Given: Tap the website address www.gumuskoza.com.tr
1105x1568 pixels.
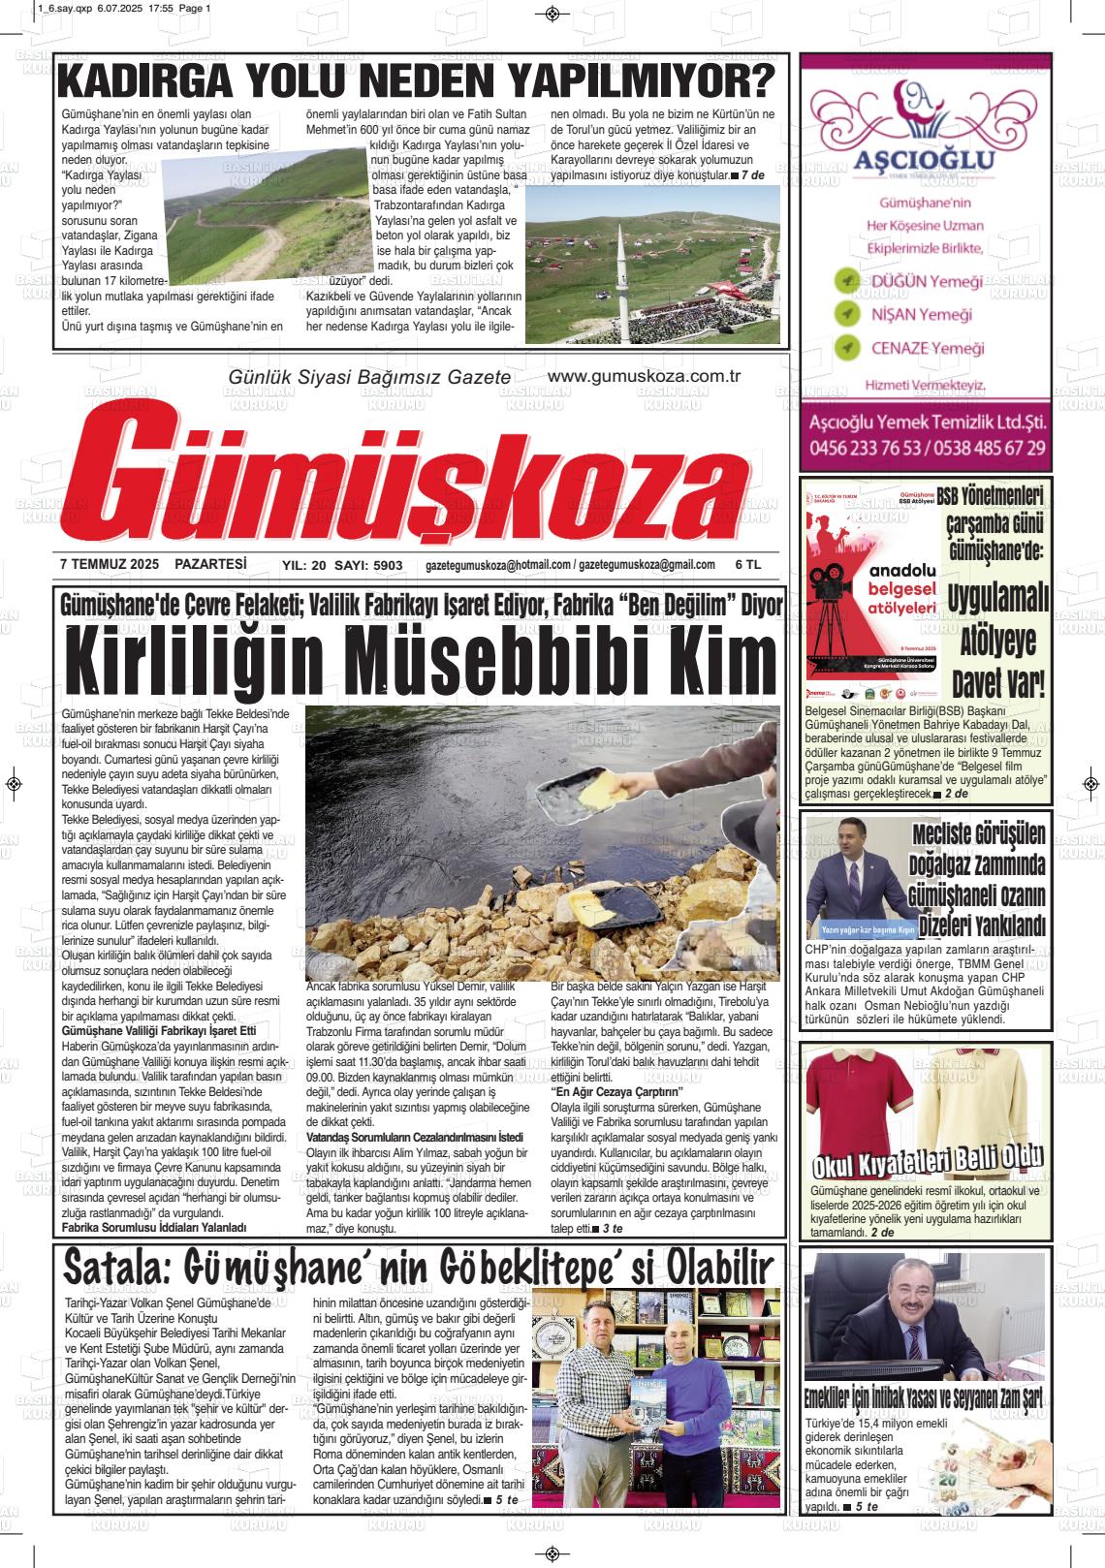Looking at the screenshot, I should point(644,377).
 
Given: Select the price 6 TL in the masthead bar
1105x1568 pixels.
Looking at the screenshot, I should point(748,565).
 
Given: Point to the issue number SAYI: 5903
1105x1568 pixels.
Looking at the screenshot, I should point(367,565).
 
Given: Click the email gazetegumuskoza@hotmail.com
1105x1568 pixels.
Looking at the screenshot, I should point(497,565).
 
